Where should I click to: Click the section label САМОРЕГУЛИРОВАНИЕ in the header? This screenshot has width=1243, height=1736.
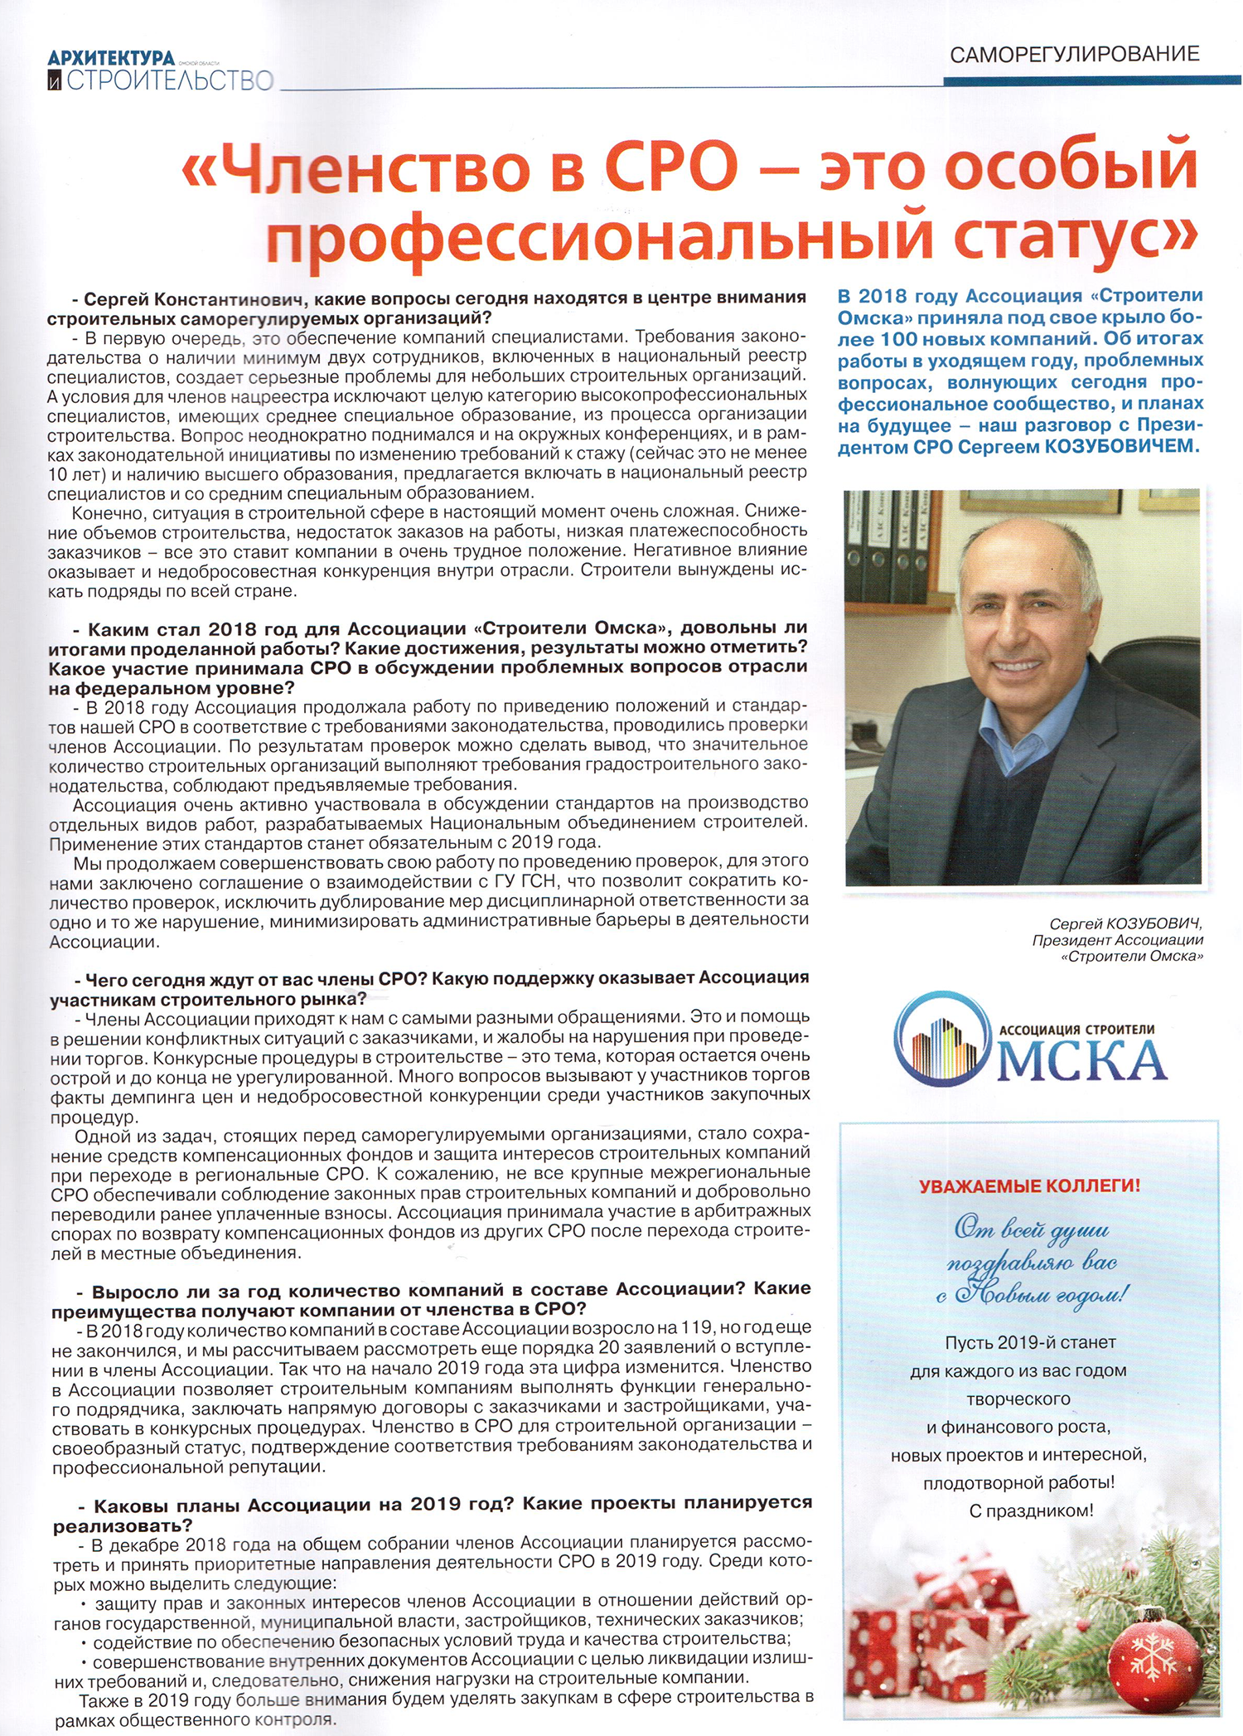[x=1074, y=55]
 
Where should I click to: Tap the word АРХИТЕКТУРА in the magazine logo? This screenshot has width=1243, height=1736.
[x=111, y=58]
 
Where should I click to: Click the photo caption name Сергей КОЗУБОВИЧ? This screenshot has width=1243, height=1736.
[x=1125, y=924]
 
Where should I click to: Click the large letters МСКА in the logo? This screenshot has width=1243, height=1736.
[x=1081, y=1061]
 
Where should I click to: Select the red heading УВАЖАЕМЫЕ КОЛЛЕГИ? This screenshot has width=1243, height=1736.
[x=1029, y=1186]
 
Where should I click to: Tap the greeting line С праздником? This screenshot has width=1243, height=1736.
[x=1030, y=1511]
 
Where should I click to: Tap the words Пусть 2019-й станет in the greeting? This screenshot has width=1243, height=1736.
[x=1030, y=1341]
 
